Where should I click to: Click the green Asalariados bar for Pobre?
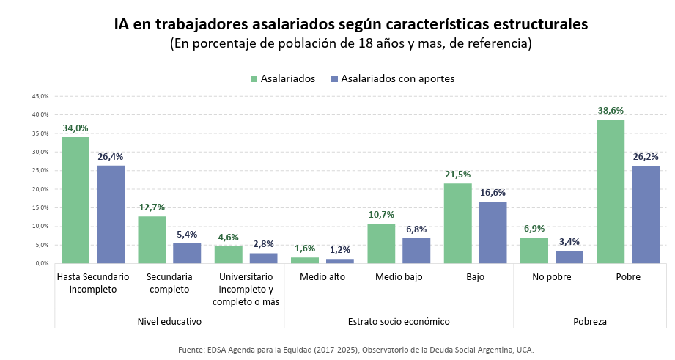click(x=611, y=191)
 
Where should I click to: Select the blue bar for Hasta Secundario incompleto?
click(x=111, y=214)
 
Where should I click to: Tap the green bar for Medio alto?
click(x=305, y=260)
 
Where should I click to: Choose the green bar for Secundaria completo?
click(x=152, y=240)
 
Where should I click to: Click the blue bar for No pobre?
click(x=569, y=257)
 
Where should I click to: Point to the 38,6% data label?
click(x=611, y=111)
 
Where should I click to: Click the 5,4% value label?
click(x=187, y=235)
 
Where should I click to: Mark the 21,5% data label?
click(x=457, y=175)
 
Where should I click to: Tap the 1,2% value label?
click(x=340, y=250)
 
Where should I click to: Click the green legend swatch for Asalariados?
click(x=254, y=78)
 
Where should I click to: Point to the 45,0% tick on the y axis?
click(x=40, y=96)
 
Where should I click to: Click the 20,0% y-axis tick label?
click(x=40, y=189)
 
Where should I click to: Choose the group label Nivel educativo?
click(x=169, y=321)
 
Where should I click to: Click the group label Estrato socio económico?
click(x=399, y=321)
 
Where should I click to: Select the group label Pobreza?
click(x=590, y=321)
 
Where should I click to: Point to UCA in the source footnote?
click(x=523, y=350)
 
